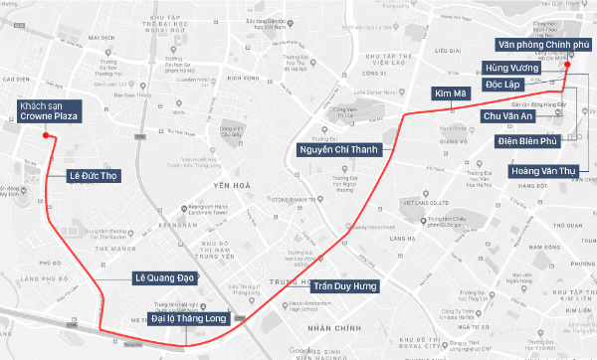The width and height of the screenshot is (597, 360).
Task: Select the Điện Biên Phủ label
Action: (525, 141)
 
